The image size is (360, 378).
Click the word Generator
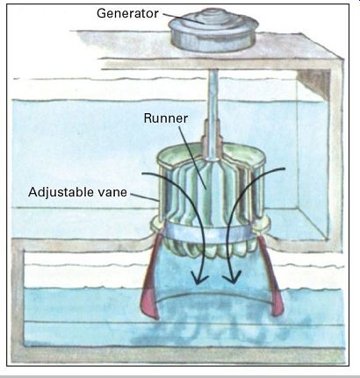click(127, 13)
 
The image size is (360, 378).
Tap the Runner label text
click(165, 118)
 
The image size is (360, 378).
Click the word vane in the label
click(112, 193)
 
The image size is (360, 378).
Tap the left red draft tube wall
click(150, 278)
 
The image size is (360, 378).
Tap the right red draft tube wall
click(271, 278)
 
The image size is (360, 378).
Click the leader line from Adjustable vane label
click(144, 197)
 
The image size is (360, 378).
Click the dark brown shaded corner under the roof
click(314, 82)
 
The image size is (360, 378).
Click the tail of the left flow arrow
click(142, 174)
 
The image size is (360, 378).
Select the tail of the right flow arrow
click(284, 168)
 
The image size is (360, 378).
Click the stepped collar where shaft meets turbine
click(212, 138)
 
